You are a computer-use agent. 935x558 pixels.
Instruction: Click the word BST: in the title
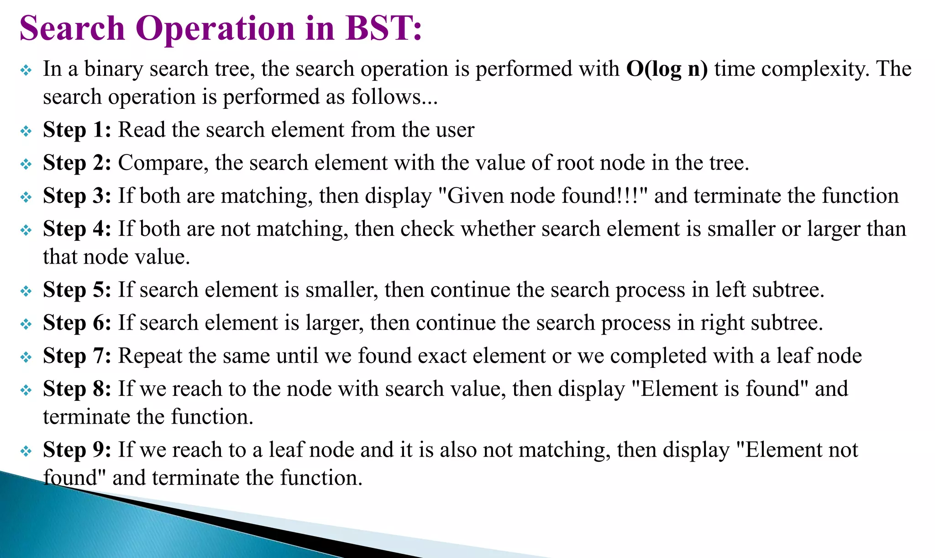pyautogui.click(x=383, y=28)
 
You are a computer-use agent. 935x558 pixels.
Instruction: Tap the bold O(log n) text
pyautogui.click(x=667, y=69)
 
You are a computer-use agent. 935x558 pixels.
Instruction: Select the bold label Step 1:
pyautogui.click(x=77, y=130)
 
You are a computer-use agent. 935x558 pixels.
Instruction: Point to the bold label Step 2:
pyautogui.click(x=77, y=163)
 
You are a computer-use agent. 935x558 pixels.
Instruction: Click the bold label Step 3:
pyautogui.click(x=77, y=196)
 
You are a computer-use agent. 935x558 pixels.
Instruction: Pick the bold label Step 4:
pyautogui.click(x=77, y=229)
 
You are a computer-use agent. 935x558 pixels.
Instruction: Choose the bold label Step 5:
pyautogui.click(x=77, y=290)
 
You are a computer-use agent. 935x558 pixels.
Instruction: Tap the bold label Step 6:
pyautogui.click(x=77, y=323)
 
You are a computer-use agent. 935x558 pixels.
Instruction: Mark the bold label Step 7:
pyautogui.click(x=77, y=356)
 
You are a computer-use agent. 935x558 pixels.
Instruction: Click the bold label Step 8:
pyautogui.click(x=77, y=389)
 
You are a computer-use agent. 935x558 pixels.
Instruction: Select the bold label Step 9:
pyautogui.click(x=77, y=450)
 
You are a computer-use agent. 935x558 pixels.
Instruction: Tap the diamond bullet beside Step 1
pyautogui.click(x=26, y=132)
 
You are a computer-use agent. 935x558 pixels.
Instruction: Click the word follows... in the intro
pyautogui.click(x=394, y=97)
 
